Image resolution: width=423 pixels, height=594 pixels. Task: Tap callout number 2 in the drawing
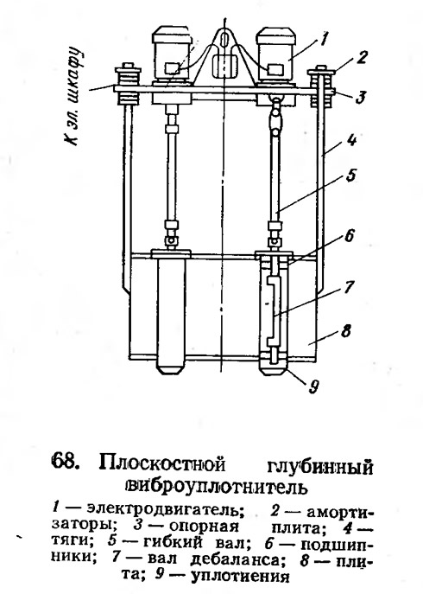click(x=362, y=57)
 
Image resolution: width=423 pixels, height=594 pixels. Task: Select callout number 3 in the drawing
click(x=360, y=97)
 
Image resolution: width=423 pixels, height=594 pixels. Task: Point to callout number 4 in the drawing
click(x=351, y=141)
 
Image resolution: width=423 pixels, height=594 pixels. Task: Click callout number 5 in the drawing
click(x=350, y=176)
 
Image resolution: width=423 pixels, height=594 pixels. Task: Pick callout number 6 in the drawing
click(x=349, y=236)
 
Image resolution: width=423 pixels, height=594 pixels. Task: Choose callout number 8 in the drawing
click(x=346, y=330)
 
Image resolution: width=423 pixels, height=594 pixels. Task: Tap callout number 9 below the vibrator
click(x=313, y=386)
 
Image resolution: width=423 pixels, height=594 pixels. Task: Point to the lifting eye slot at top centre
click(x=224, y=40)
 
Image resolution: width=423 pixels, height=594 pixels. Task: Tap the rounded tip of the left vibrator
click(x=170, y=367)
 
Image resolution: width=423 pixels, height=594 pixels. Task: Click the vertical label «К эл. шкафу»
click(x=73, y=96)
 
